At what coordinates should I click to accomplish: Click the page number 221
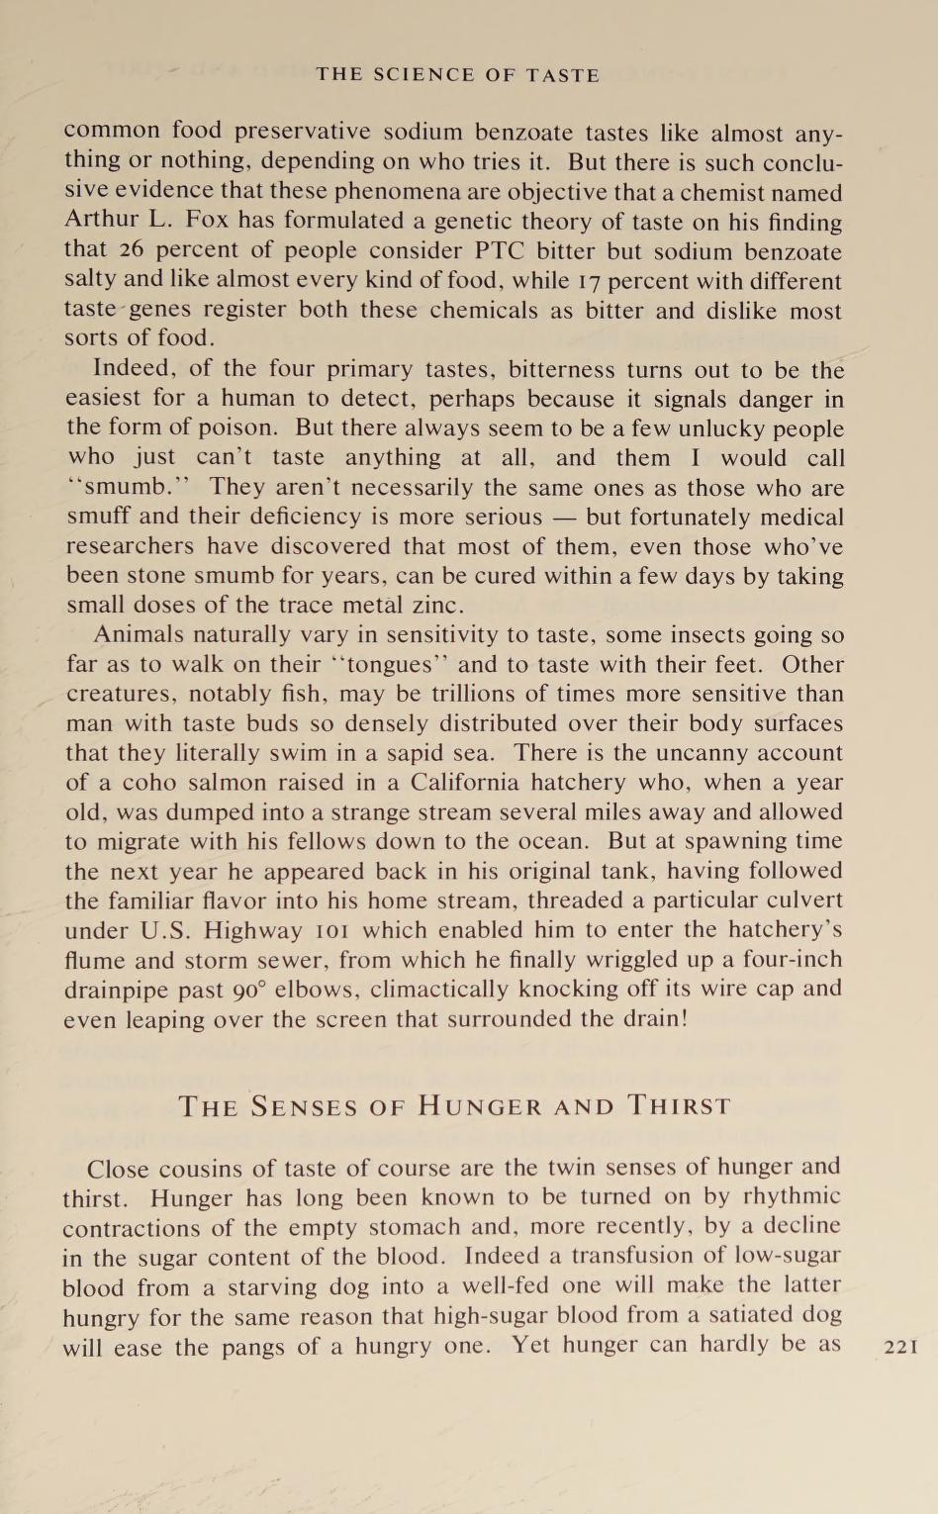900,1346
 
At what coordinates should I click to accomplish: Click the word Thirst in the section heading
680,1106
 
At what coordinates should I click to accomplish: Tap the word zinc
433,605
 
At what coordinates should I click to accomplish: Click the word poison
238,427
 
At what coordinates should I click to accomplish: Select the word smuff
100,517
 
